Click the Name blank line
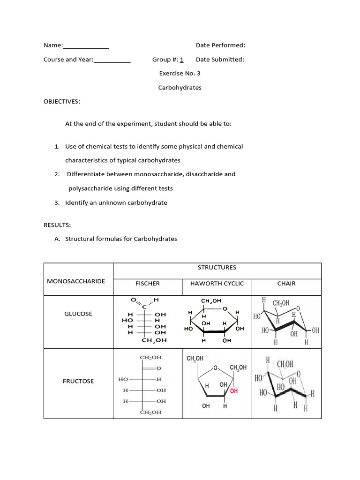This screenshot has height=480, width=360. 86,46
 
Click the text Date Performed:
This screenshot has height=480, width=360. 220,45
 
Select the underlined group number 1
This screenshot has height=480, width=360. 181,60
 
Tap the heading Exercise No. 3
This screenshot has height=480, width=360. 180,74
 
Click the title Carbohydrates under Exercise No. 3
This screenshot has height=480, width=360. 180,88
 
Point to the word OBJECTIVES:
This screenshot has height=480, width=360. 62,101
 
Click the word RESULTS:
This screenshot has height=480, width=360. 57,225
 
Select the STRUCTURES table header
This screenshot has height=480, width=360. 217,268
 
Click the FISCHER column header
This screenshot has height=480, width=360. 148,284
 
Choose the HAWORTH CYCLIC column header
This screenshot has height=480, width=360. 217,284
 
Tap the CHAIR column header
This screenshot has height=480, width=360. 286,284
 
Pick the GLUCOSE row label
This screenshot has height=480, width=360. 78,314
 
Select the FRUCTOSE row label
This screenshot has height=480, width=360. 78,381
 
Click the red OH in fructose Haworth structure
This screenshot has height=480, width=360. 233,390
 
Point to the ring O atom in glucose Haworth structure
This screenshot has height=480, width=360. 225,308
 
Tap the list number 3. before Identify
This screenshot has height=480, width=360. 57,203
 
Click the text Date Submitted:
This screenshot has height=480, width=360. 220,60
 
